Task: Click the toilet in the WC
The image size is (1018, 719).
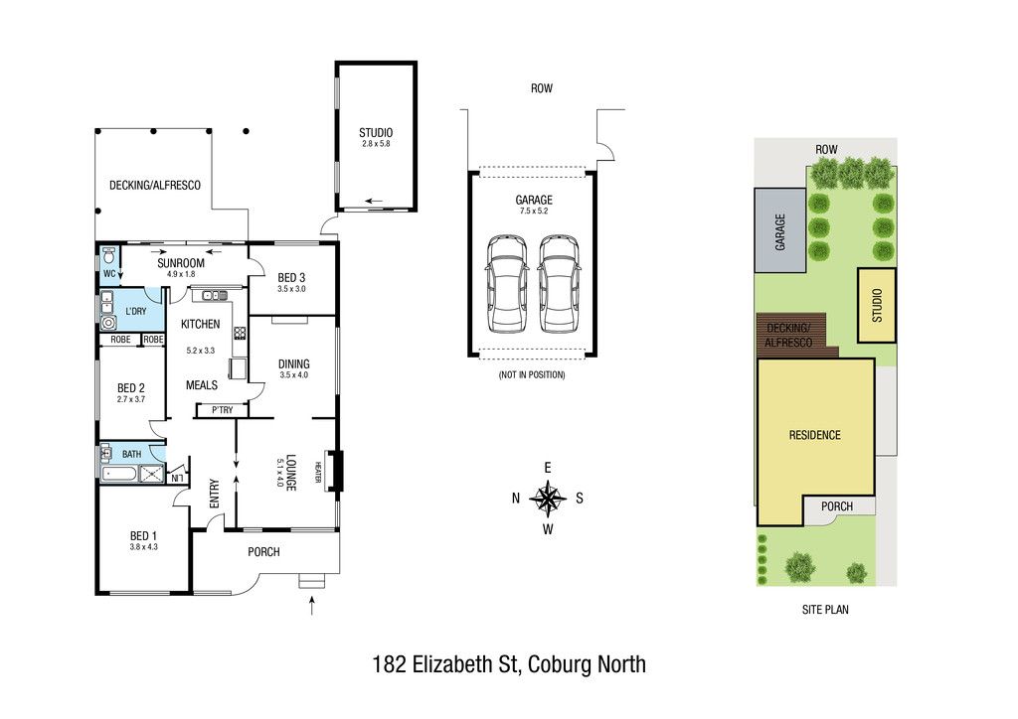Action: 109,255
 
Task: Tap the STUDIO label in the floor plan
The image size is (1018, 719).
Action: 376,132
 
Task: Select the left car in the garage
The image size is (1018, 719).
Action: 507,284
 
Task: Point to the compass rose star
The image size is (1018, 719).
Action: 549,498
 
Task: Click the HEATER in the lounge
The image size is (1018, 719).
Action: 318,471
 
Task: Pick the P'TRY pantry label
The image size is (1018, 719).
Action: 222,410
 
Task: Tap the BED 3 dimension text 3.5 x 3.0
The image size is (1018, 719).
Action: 291,289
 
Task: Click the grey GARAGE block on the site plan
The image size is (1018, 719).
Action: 779,230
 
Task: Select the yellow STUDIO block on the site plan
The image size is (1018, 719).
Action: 877,305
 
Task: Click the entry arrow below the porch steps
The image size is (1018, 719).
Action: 312,606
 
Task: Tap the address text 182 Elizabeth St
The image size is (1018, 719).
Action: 444,664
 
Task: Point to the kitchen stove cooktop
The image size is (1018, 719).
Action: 240,333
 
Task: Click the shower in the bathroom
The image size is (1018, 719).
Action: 152,474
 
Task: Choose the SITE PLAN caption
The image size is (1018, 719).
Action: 825,610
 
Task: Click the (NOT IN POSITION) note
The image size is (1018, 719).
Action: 532,374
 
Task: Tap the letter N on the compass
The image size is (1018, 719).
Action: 516,498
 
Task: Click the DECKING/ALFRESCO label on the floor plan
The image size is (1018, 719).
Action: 154,186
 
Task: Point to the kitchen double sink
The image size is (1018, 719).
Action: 215,296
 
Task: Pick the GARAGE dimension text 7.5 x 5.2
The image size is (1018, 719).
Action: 534,211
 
